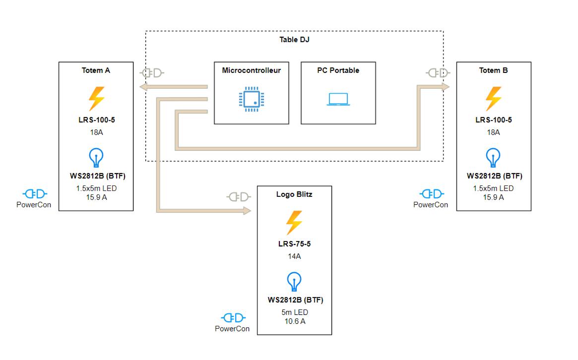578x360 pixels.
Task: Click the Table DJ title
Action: coord(294,40)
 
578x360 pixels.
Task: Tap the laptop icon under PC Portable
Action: coord(338,99)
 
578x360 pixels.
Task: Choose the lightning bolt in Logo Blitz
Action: coord(294,223)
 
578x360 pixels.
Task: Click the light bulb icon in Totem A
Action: coord(96,158)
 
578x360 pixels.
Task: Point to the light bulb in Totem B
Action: coord(493,158)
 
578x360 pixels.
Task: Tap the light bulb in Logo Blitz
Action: coord(294,282)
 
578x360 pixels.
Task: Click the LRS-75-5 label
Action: coord(294,244)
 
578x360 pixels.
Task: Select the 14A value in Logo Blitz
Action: coord(294,256)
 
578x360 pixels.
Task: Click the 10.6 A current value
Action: coord(294,321)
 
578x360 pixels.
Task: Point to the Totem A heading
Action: coord(96,70)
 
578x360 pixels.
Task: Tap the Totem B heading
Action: coord(493,70)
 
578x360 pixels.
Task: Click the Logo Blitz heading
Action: coord(294,194)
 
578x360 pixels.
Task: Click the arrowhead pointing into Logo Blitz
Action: coord(248,211)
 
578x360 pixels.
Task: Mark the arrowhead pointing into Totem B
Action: coord(446,87)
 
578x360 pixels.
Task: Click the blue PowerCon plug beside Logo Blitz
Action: coord(233,318)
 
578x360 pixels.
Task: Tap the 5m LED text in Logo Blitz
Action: coord(294,312)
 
